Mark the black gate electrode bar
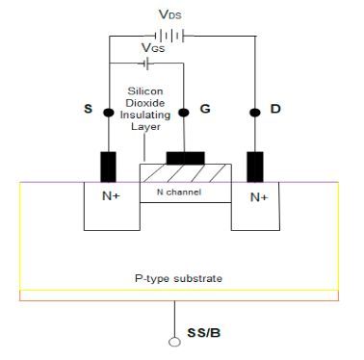tap(184, 157)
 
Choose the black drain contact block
tap(254, 166)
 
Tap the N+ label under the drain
tap(258, 198)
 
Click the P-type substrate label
tap(179, 278)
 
